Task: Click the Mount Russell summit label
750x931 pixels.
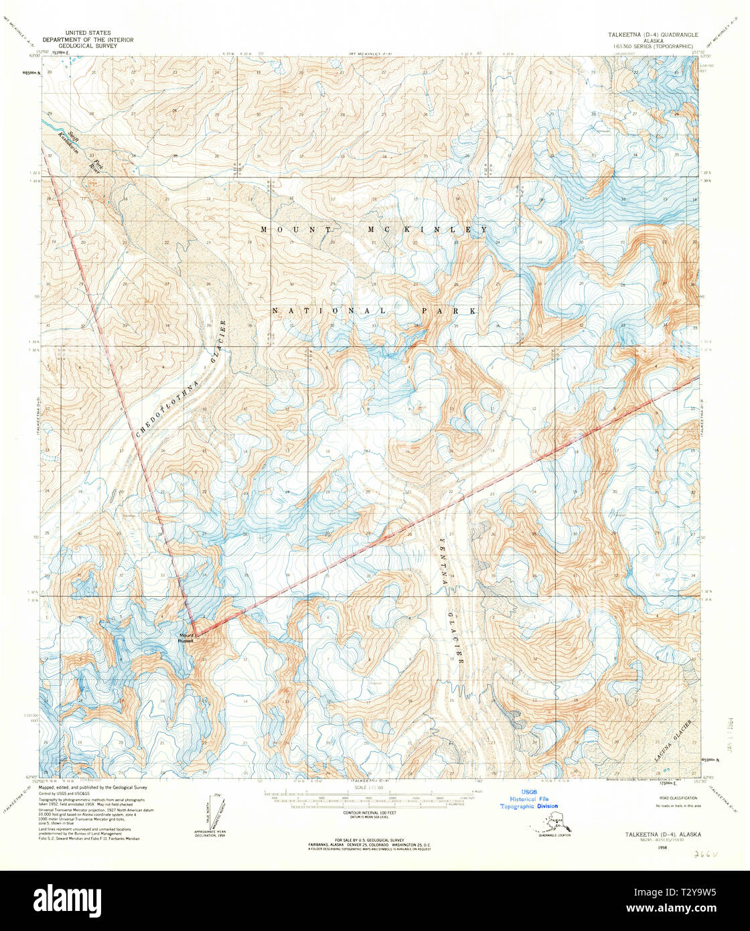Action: [185, 638]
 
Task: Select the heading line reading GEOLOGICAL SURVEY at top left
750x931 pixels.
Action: [88, 46]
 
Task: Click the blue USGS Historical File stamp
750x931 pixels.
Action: [528, 799]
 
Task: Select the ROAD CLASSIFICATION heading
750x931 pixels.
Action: [678, 798]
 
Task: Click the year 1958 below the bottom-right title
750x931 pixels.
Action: [663, 847]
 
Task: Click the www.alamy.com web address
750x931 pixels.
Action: [698, 908]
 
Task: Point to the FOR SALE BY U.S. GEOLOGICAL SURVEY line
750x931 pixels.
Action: [370, 839]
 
